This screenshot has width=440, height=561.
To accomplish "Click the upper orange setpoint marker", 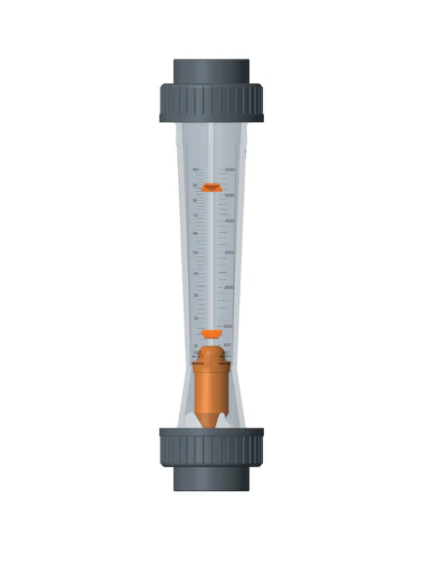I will pyautogui.click(x=211, y=187).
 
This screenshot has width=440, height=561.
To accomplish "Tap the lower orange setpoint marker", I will pyautogui.click(x=211, y=333).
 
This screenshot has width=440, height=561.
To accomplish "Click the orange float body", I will pyautogui.click(x=211, y=382).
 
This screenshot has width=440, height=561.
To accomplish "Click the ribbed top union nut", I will pyautogui.click(x=211, y=103).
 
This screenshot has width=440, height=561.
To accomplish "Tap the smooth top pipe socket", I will pyautogui.click(x=211, y=71).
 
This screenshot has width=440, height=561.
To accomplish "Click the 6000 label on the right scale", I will pyautogui.click(x=229, y=171).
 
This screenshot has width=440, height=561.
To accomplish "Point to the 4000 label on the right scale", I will pyautogui.click(x=229, y=221).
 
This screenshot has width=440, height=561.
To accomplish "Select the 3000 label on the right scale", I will pyautogui.click(x=229, y=253).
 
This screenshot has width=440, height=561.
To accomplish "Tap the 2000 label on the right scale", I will pyautogui.click(x=229, y=288).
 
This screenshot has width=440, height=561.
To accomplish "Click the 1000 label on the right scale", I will pyautogui.click(x=228, y=326).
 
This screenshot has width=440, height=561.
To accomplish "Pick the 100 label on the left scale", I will pyautogui.click(x=195, y=171).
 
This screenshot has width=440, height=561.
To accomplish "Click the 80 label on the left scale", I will pyautogui.click(x=195, y=201).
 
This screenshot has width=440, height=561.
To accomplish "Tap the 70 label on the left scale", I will pyautogui.click(x=195, y=216).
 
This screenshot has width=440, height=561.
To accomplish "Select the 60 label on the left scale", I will pyautogui.click(x=195, y=232).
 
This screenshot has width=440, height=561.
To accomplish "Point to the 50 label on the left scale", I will pyautogui.click(x=195, y=253).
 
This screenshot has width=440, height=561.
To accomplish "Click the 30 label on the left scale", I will pyautogui.click(x=195, y=295).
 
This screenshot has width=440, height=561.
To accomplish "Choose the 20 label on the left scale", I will pyautogui.click(x=195, y=319).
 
